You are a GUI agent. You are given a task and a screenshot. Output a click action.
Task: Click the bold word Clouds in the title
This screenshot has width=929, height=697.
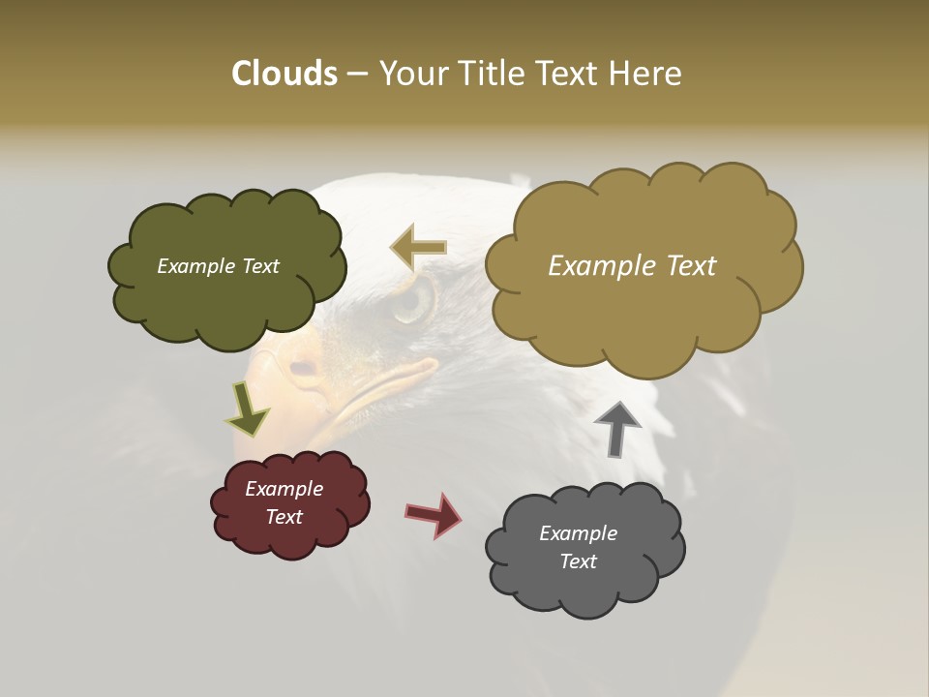pos(284,74)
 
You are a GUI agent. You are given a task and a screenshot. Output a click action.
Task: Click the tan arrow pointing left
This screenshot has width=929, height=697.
pos(418,247)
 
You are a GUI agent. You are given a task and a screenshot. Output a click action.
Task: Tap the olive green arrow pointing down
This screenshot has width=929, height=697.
pos(247,408)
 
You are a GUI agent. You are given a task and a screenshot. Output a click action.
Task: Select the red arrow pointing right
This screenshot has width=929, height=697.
pos(433,514)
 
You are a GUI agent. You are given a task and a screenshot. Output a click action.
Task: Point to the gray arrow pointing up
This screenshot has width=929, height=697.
pos(617,429)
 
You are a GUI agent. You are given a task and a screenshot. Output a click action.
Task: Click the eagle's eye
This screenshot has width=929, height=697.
pos(411,300)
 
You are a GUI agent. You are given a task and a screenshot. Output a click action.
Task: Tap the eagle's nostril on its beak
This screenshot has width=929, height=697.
pos(303,368)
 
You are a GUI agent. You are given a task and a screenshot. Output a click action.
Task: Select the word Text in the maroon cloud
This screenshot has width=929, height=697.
pos(285,517)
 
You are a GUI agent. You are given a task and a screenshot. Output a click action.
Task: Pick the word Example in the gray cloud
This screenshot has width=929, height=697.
pos(578,533)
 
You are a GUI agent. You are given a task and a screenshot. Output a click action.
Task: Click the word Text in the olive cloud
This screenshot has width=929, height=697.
pos(258,266)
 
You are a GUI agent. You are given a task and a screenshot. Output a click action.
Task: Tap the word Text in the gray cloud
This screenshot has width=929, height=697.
pos(578,561)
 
